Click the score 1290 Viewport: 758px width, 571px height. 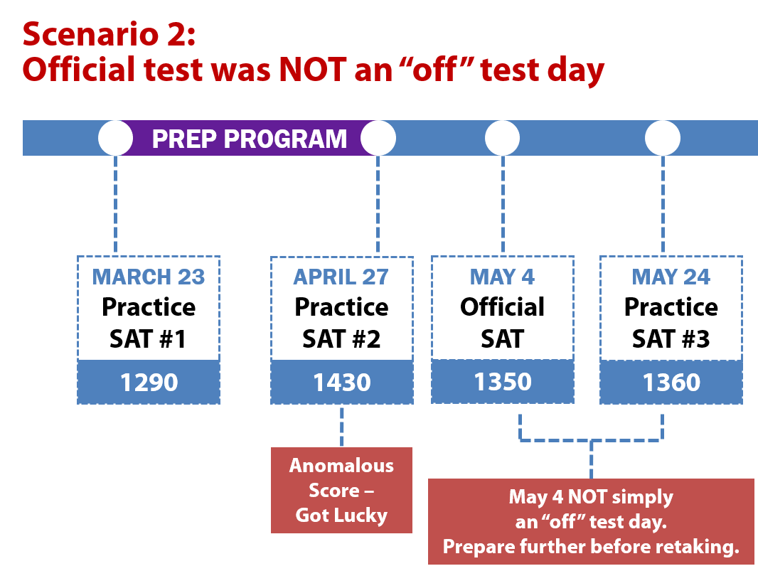point(149,383)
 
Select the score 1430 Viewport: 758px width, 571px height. point(342,383)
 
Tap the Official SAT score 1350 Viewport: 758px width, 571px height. point(503,381)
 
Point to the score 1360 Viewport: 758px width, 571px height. point(671,383)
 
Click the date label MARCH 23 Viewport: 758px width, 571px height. point(149,277)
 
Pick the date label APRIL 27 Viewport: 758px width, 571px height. point(341,277)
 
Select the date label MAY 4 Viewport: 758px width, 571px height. point(502,277)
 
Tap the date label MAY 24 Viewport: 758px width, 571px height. point(671,277)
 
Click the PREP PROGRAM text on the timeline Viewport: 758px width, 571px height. point(250,139)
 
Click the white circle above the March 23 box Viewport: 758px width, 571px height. point(115,138)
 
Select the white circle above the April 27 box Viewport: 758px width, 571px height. point(378,138)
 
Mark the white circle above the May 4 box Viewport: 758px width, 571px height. point(502,138)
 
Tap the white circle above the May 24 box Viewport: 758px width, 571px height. point(663,138)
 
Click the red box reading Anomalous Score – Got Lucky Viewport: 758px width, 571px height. point(342,490)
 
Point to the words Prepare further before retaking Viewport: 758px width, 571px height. point(591,547)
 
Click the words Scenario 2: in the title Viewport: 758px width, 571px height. point(110,34)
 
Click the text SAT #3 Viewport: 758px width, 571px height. point(671,338)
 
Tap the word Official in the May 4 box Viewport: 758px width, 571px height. point(502,307)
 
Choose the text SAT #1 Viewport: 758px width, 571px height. point(148,338)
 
